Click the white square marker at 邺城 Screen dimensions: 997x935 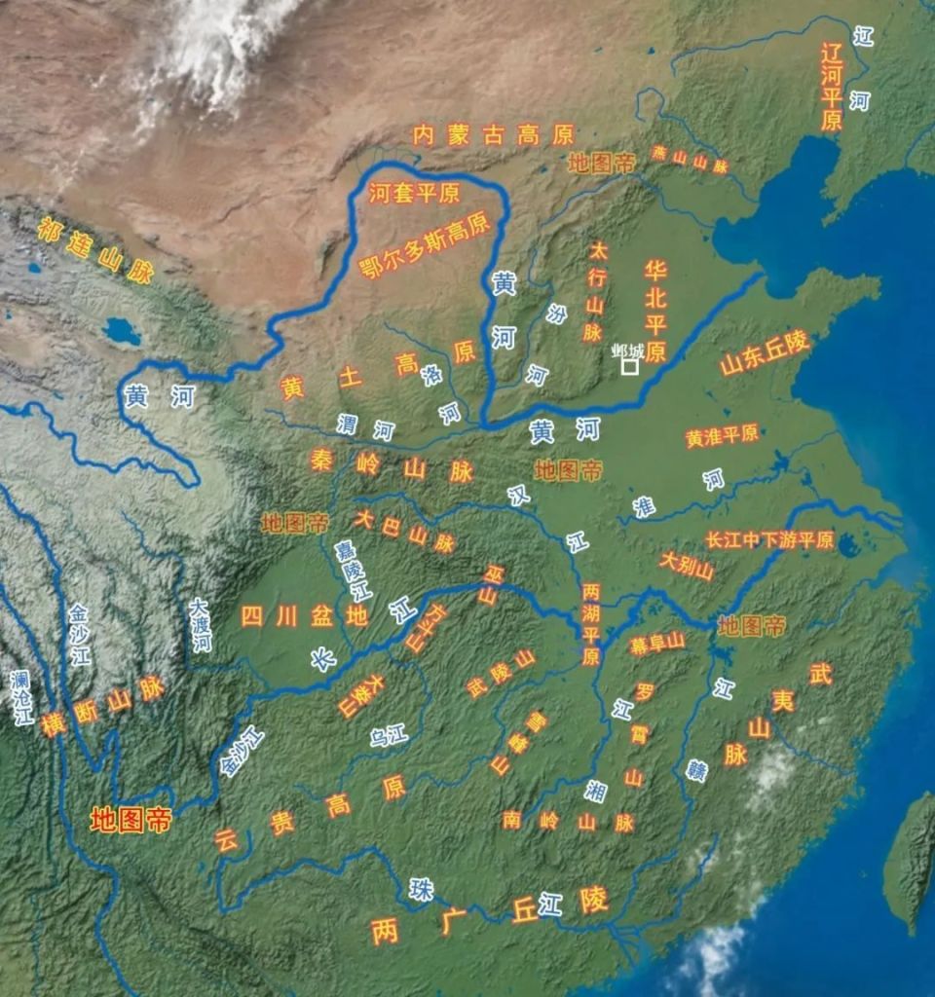pyautogui.click(x=630, y=367)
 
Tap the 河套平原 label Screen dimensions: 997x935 pyautogui.click(x=414, y=193)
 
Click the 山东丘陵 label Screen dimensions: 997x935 pyautogui.click(x=765, y=353)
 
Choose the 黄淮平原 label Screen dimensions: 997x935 pyautogui.click(x=722, y=435)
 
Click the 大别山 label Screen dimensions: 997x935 pyautogui.click(x=686, y=567)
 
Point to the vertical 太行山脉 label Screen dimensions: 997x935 pyautogui.click(x=594, y=291)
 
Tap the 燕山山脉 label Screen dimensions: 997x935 pyautogui.click(x=690, y=160)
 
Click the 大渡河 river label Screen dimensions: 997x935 pyautogui.click(x=202, y=625)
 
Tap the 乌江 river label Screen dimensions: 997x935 pyautogui.click(x=389, y=735)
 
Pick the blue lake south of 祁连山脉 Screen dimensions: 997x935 pyautogui.click(x=123, y=332)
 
